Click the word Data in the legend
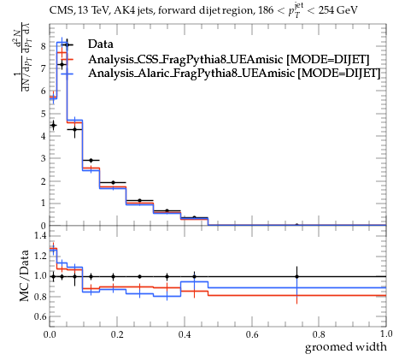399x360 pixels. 101,44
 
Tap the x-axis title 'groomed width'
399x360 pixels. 346,347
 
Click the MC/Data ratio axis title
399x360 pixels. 25,275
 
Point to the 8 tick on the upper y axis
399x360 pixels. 44,46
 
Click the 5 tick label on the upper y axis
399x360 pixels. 44,114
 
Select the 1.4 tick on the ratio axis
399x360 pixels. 40,235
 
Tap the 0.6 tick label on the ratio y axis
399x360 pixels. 40,316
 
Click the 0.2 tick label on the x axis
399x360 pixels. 117,334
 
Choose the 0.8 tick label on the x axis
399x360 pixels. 319,334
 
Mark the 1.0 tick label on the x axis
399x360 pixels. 386,333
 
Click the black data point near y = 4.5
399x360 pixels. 53,125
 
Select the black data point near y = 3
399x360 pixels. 91,161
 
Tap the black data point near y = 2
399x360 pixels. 113,182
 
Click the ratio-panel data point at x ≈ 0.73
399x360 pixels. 296,276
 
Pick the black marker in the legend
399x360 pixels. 67,44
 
